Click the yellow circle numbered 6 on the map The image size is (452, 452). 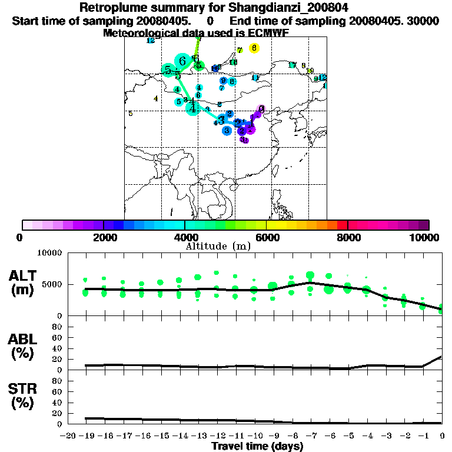(254, 48)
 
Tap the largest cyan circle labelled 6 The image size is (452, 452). (182, 61)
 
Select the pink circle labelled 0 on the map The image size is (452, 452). (261, 109)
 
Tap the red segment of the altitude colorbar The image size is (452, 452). (342, 225)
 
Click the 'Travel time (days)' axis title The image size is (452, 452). (257, 447)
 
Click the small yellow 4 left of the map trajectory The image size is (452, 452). (155, 99)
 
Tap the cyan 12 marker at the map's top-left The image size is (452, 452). (151, 41)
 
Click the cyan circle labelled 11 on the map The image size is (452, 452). (255, 78)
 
